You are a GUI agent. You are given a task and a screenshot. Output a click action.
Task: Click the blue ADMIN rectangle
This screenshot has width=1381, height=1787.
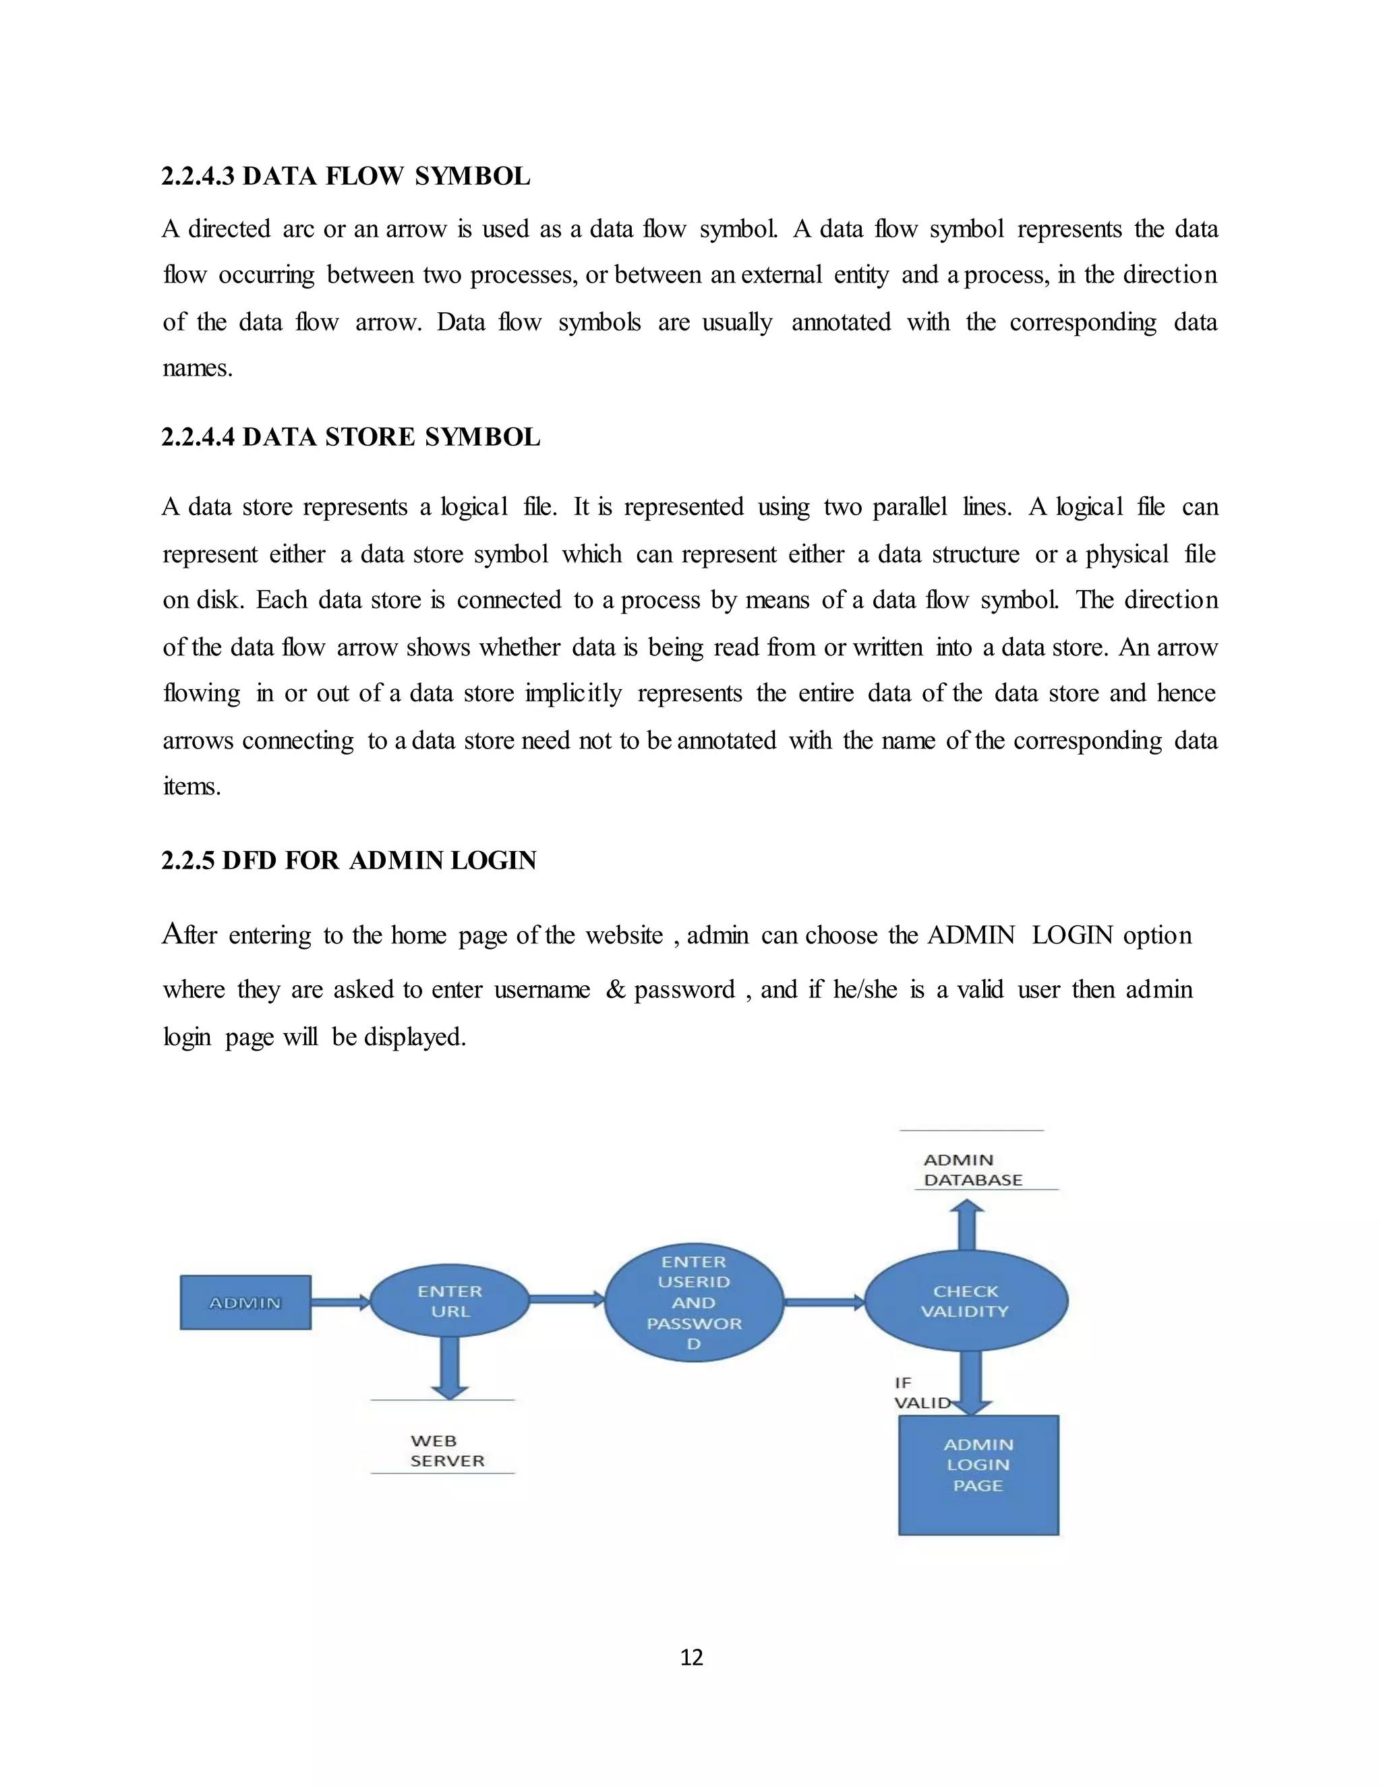tap(245, 1303)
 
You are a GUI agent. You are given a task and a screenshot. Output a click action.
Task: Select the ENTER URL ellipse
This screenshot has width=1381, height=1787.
tap(449, 1301)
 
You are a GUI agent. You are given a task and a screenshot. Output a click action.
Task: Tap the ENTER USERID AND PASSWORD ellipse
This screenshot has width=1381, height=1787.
tap(694, 1303)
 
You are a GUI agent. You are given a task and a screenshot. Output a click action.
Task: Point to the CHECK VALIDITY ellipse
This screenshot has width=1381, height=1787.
tap(966, 1301)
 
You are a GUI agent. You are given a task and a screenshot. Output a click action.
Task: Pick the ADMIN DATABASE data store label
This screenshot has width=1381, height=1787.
tap(972, 1170)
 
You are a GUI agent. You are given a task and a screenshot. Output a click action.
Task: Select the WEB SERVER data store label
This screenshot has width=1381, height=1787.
tap(446, 1450)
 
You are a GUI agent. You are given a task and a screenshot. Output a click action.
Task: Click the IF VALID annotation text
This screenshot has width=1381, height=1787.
tap(921, 1393)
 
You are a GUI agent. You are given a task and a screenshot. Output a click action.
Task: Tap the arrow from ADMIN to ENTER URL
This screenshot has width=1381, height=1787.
tap(341, 1301)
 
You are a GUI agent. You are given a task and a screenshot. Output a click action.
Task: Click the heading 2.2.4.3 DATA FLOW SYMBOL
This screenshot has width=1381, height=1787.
tap(345, 176)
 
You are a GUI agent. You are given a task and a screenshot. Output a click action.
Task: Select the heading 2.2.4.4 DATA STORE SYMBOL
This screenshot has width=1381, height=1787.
tap(350, 437)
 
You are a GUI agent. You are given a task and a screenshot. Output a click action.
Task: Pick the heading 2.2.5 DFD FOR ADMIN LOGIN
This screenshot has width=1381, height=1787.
tap(349, 860)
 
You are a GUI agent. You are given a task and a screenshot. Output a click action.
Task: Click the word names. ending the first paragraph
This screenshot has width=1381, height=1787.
tap(197, 368)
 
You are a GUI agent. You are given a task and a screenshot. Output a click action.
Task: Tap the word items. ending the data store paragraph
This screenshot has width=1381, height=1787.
tap(192, 786)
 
